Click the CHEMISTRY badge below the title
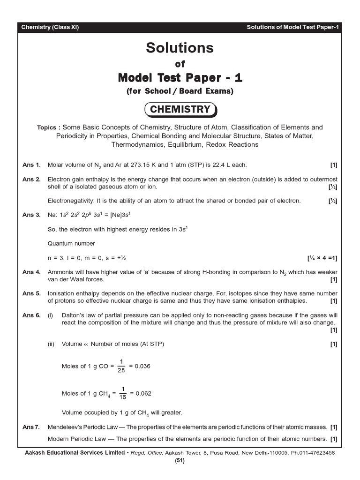click(x=180, y=110)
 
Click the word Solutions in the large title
click(x=180, y=48)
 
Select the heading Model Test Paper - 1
click(x=180, y=77)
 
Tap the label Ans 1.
click(x=31, y=165)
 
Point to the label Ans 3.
click(x=31, y=215)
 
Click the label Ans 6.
click(x=31, y=315)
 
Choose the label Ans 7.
click(x=31, y=427)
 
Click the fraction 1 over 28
click(x=121, y=366)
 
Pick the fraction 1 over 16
click(x=123, y=393)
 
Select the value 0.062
click(x=143, y=393)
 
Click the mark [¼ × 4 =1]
click(x=322, y=258)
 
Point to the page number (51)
click(x=180, y=460)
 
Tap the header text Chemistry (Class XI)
click(x=50, y=27)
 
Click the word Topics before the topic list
click(x=49, y=127)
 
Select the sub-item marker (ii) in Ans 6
click(x=52, y=344)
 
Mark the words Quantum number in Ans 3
click(x=71, y=243)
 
